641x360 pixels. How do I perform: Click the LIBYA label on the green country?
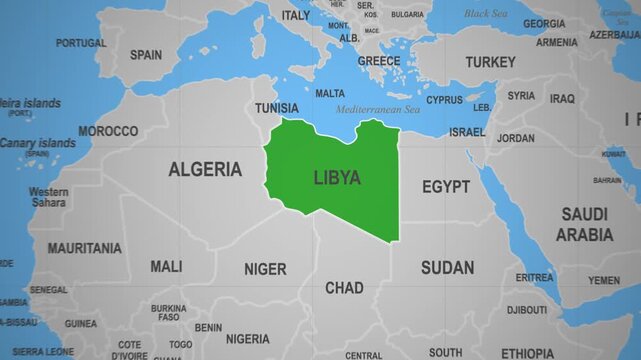(337, 178)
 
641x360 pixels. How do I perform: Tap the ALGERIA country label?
(205, 169)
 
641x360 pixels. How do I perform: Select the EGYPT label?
(446, 187)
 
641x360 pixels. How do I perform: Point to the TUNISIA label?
(276, 107)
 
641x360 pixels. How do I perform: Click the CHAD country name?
(344, 288)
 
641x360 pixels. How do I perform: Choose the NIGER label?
(265, 269)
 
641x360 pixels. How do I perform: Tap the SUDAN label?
(447, 267)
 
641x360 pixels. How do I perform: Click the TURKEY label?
(491, 62)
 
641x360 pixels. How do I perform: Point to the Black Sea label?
(486, 14)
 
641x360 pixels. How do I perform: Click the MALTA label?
(330, 93)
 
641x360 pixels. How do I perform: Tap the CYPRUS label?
(445, 100)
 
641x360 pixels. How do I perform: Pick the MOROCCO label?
(108, 131)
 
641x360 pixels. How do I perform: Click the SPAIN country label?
(146, 55)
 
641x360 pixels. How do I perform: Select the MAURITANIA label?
(85, 247)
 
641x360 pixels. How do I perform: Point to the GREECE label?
(379, 61)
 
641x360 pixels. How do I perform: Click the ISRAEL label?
(467, 132)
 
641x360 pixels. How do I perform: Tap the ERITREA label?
(534, 277)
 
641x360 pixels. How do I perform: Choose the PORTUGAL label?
(81, 43)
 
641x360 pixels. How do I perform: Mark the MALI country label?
(166, 267)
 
